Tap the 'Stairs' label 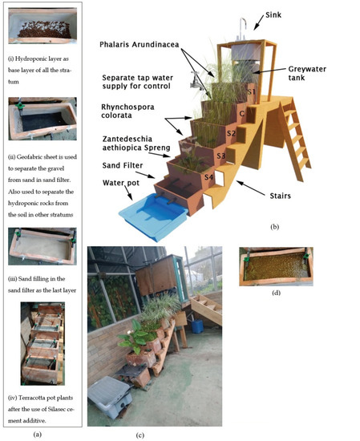(x=289, y=192)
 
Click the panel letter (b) (x=275, y=227)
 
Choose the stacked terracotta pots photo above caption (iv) (x=39, y=345)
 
